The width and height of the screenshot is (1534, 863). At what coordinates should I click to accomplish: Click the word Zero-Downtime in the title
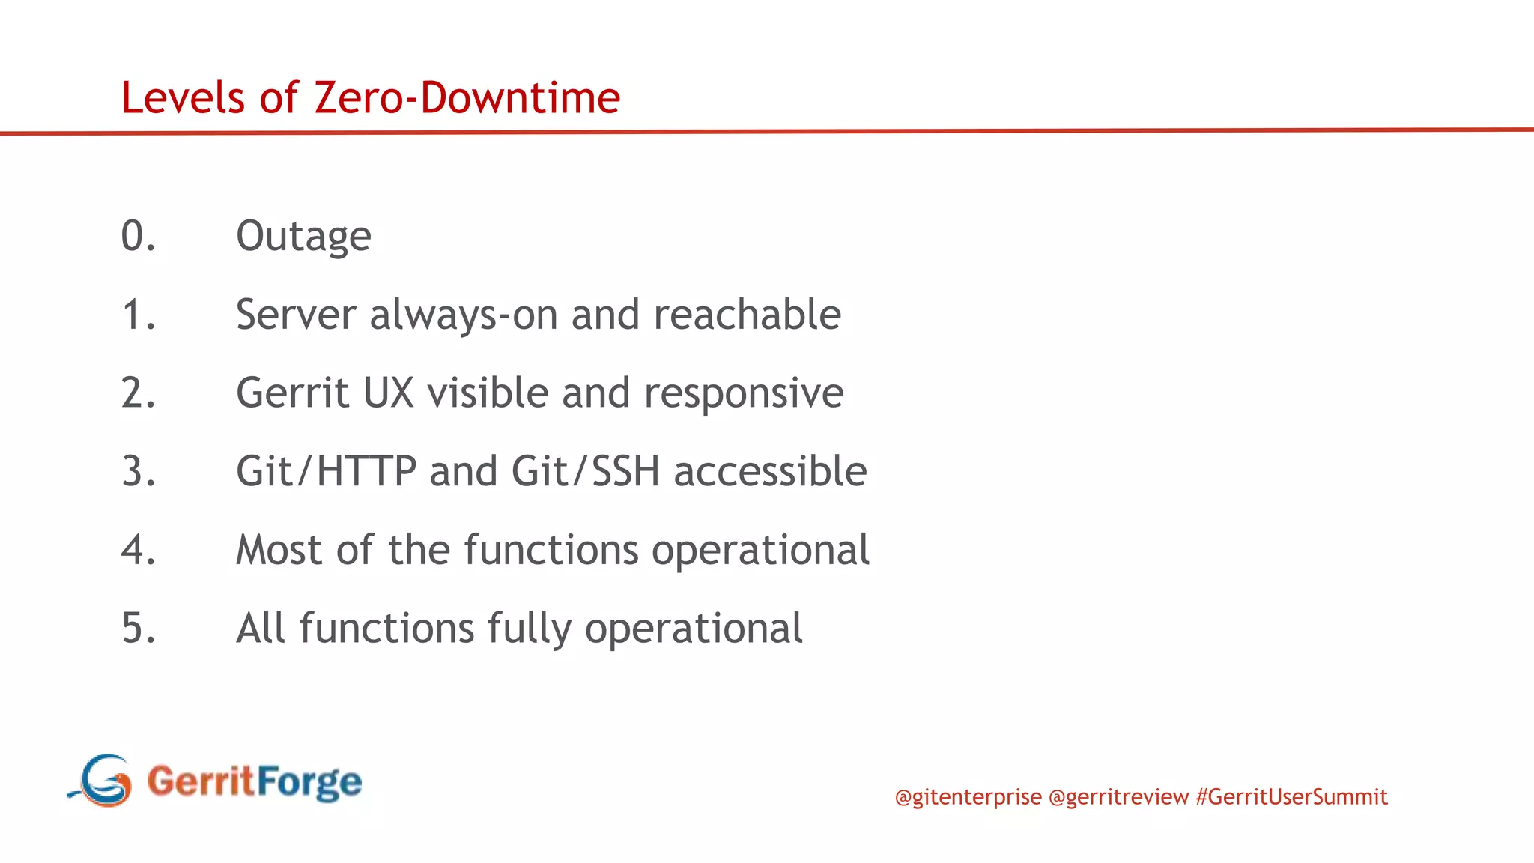(x=467, y=98)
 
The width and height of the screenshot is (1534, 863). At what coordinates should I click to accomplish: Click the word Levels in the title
(x=183, y=98)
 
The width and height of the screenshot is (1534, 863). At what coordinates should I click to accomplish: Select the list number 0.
(x=138, y=236)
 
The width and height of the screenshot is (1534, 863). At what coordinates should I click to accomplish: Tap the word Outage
(x=303, y=237)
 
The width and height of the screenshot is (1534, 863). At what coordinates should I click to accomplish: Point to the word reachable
(x=747, y=315)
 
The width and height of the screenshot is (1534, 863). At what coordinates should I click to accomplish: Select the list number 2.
(x=138, y=393)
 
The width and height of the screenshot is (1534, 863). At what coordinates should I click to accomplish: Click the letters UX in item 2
(x=388, y=393)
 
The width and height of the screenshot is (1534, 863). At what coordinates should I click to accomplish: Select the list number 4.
(x=138, y=550)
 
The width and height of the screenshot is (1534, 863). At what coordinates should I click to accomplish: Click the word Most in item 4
(x=279, y=550)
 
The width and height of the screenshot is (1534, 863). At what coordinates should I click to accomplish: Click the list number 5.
(x=138, y=629)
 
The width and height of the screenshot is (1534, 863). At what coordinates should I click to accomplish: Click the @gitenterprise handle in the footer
(x=968, y=796)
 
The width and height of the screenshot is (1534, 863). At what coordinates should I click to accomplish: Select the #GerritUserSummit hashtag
(x=1291, y=796)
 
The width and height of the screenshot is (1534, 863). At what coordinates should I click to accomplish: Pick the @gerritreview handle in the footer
(x=1118, y=796)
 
